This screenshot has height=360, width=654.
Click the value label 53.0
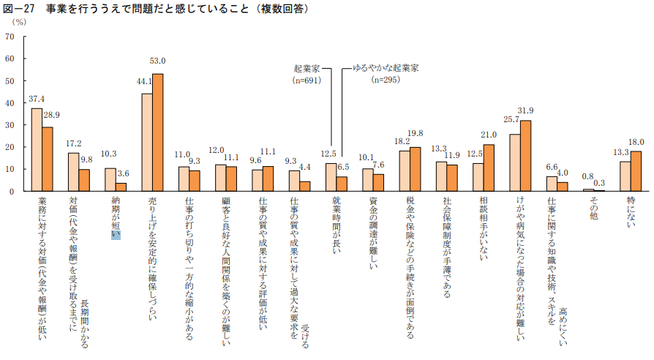click(x=157, y=61)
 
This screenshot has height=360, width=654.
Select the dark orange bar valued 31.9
click(x=525, y=156)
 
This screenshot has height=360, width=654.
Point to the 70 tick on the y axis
click(x=10, y=37)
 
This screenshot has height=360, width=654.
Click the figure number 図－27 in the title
click(x=20, y=9)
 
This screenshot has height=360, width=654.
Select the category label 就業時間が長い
click(x=336, y=222)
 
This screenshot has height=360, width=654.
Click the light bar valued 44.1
click(x=147, y=142)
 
